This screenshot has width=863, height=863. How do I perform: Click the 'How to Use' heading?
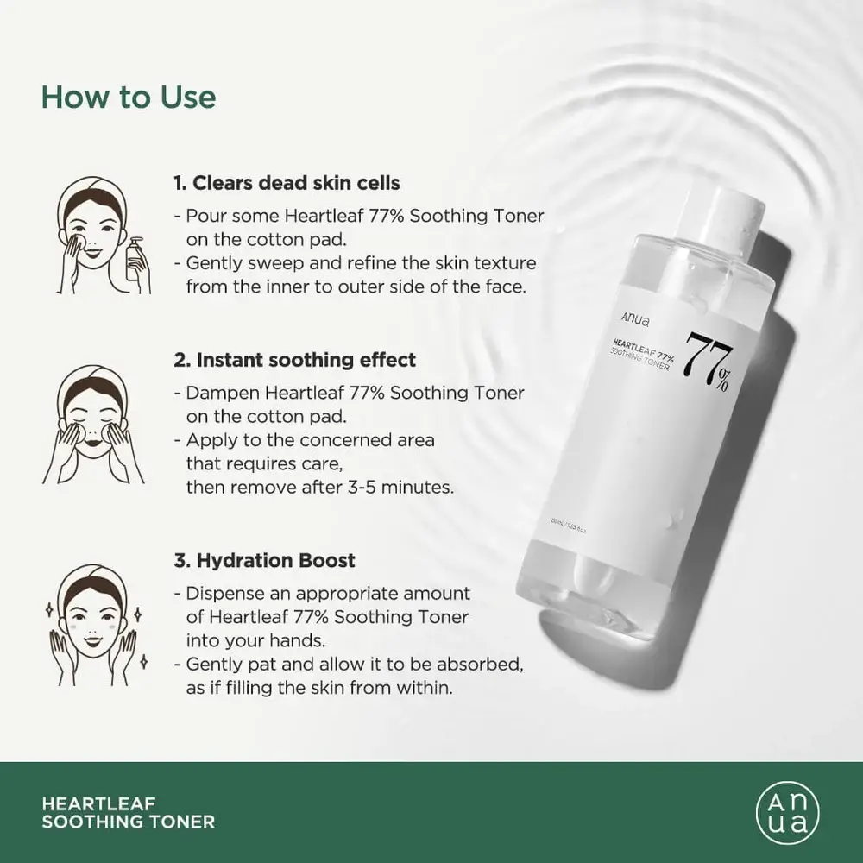[x=129, y=97]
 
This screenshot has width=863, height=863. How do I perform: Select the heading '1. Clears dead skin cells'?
[x=286, y=183]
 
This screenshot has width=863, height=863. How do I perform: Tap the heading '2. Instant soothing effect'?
[x=294, y=359]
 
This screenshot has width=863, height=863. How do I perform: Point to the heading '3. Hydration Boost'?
[x=264, y=560]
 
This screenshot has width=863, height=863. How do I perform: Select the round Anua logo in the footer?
[x=787, y=811]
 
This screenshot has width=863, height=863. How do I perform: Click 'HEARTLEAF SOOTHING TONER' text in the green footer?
[x=128, y=811]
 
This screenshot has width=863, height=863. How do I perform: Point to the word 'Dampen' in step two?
[x=221, y=393]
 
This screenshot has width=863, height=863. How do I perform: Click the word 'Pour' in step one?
[x=204, y=216]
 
